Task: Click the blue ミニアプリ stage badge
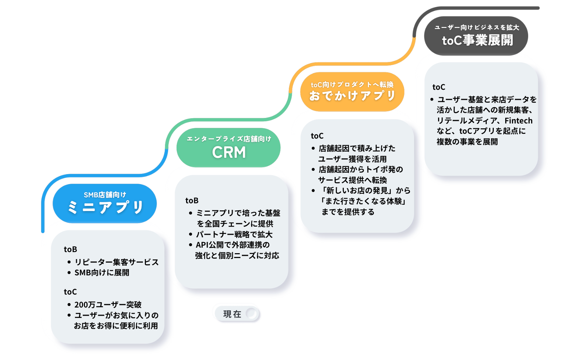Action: pyautogui.click(x=105, y=203)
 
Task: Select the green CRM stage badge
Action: pyautogui.click(x=228, y=148)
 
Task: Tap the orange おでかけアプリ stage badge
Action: pyautogui.click(x=352, y=92)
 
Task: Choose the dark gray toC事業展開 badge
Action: pyautogui.click(x=476, y=36)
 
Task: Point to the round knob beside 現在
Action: pyautogui.click(x=252, y=313)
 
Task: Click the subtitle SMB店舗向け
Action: pyautogui.click(x=105, y=195)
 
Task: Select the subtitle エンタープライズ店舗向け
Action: pyautogui.click(x=229, y=139)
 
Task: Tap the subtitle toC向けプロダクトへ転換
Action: pyautogui.click(x=352, y=84)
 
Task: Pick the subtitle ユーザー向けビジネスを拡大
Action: pyautogui.click(x=477, y=27)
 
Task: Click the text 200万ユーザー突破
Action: pyautogui.click(x=108, y=305)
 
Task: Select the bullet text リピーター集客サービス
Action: pyautogui.click(x=117, y=262)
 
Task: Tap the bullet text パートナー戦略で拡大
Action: pyautogui.click(x=235, y=234)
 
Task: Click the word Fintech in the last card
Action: pyautogui.click(x=519, y=120)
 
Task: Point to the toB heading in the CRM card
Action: pyautogui.click(x=192, y=200)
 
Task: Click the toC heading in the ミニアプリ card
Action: pyautogui.click(x=70, y=292)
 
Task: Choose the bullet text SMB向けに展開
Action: pyautogui.click(x=102, y=272)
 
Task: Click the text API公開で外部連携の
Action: pyautogui.click(x=233, y=245)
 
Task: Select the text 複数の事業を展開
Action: pyautogui.click(x=467, y=142)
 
